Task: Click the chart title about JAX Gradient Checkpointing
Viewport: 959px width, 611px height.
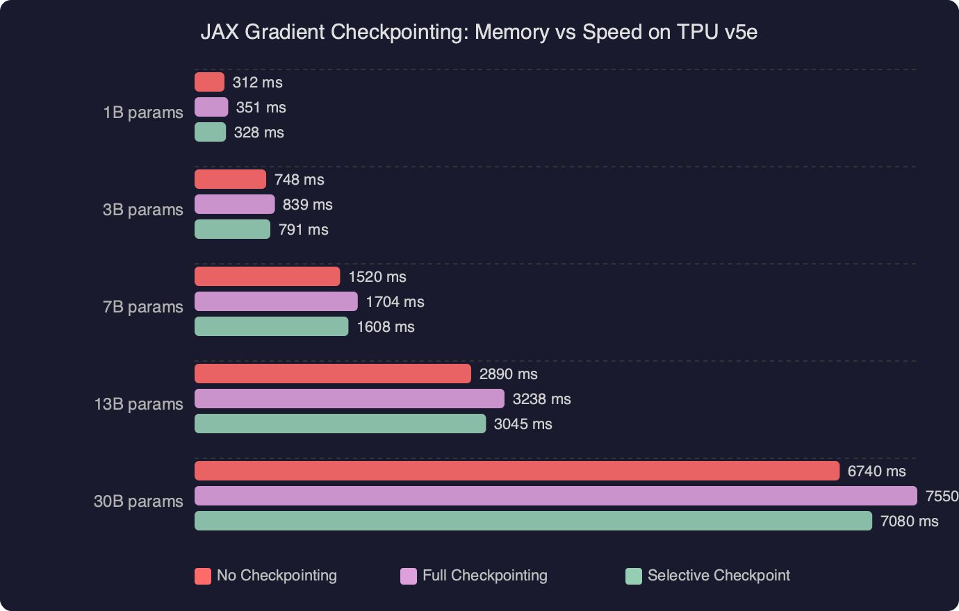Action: pyautogui.click(x=479, y=32)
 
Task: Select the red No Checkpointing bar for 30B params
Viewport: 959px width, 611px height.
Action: pyautogui.click(x=516, y=471)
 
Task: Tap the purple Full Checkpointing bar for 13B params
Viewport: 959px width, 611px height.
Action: pyautogui.click(x=349, y=399)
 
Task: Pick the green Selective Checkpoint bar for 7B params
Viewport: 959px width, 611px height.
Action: pyautogui.click(x=271, y=326)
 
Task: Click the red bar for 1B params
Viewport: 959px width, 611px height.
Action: pyautogui.click(x=209, y=82)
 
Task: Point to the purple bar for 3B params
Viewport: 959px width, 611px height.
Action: pyautogui.click(x=234, y=204)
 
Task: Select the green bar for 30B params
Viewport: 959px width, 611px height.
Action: pyautogui.click(x=533, y=521)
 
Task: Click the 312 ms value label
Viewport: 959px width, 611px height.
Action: pyautogui.click(x=257, y=82)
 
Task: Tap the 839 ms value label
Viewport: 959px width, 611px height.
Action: pyautogui.click(x=307, y=204)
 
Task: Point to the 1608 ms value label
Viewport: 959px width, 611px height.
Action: pyautogui.click(x=385, y=326)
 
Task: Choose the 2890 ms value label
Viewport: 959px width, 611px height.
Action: pyautogui.click(x=508, y=374)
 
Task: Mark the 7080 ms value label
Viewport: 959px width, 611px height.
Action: pyautogui.click(x=909, y=521)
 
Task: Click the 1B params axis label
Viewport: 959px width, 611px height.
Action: pyautogui.click(x=143, y=112)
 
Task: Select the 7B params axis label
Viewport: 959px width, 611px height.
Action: pyautogui.click(x=143, y=307)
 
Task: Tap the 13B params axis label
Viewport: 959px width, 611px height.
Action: pyautogui.click(x=139, y=404)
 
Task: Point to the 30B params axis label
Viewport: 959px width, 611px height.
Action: pyautogui.click(x=139, y=501)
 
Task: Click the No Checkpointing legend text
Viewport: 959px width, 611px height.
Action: pyautogui.click(x=277, y=576)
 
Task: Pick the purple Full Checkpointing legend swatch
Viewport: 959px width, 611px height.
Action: pyautogui.click(x=409, y=576)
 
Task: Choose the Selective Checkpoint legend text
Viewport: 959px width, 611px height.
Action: pyautogui.click(x=719, y=576)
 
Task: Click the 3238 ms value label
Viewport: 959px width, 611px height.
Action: pyautogui.click(x=541, y=399)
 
